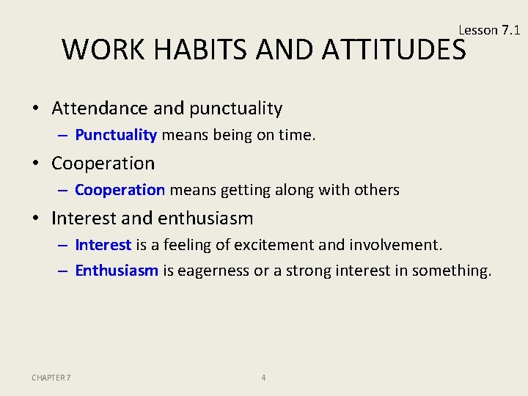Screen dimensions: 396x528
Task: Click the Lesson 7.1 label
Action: click(x=488, y=30)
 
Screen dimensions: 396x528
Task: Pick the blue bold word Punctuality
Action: click(x=116, y=135)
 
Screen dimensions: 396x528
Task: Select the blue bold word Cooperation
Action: click(x=120, y=190)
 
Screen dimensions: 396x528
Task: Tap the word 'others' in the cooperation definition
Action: click(x=377, y=190)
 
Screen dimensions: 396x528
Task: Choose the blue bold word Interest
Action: click(x=103, y=244)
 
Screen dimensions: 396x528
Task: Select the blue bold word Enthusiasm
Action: click(x=117, y=271)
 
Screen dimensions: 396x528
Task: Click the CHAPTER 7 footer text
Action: click(x=51, y=378)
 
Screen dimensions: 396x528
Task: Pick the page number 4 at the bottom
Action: click(x=263, y=378)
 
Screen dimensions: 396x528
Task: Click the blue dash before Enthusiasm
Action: click(x=64, y=271)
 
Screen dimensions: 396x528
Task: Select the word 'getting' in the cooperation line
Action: click(x=238, y=191)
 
